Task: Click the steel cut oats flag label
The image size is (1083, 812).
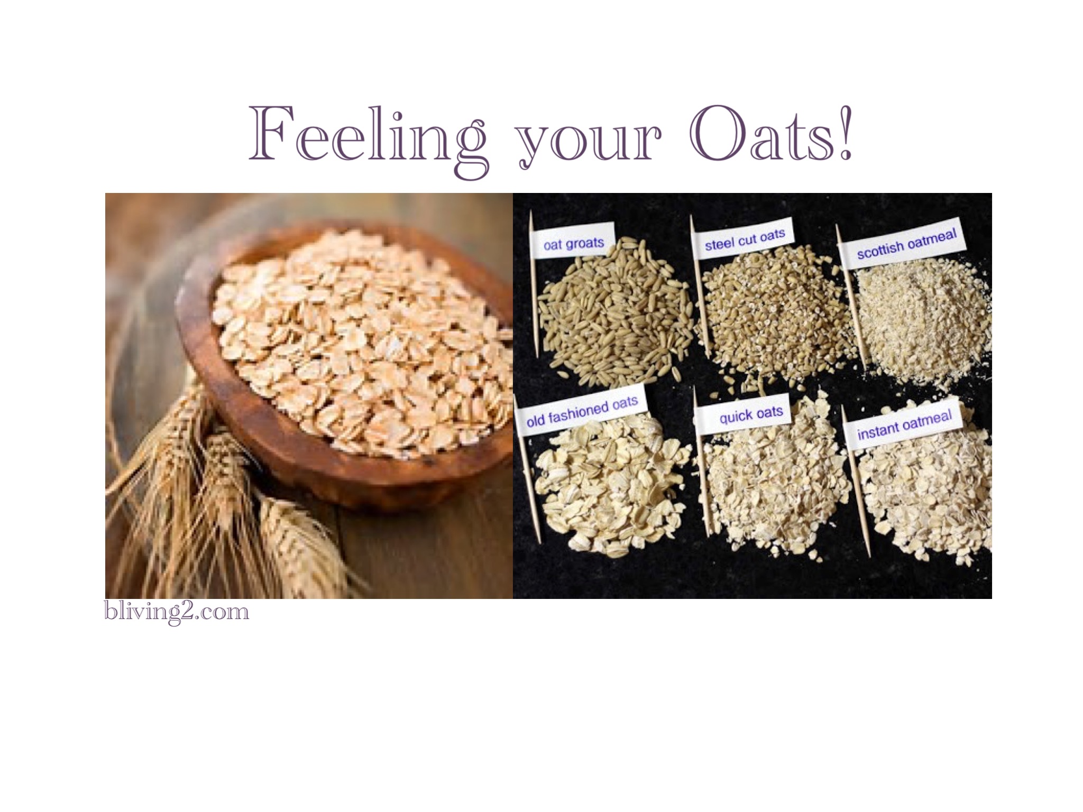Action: tap(744, 239)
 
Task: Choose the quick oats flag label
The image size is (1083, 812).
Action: tap(750, 414)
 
